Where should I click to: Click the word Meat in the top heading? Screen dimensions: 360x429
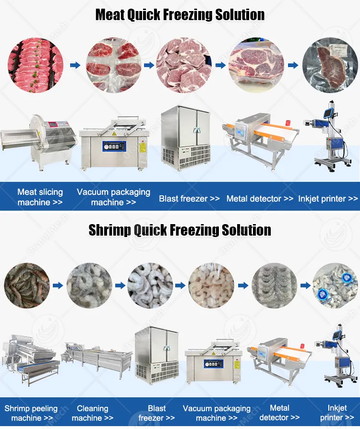pos(110,15)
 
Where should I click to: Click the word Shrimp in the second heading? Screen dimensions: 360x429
pos(109,230)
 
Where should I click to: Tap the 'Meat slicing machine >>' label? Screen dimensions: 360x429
pos(40,197)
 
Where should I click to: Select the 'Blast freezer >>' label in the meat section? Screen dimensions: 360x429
pos(189,199)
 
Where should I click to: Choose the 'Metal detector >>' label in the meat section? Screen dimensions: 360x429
pos(260,199)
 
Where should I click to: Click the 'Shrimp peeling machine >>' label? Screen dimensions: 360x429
pos(31,413)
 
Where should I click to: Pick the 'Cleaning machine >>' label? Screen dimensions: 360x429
pos(93,413)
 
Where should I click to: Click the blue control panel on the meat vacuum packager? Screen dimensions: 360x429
pos(114,146)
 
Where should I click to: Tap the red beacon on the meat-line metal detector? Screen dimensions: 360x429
pos(288,123)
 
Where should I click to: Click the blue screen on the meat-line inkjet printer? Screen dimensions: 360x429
pos(328,113)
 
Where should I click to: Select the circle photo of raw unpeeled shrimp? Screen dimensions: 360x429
pos(27,286)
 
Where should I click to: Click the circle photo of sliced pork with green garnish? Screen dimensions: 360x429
pos(36,65)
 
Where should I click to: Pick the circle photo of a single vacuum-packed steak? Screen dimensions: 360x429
pos(330,65)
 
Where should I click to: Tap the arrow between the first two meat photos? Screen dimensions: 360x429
pos(75,65)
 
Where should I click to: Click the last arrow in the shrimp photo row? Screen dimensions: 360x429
pos(305,286)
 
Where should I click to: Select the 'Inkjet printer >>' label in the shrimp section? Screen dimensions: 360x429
pos(337,413)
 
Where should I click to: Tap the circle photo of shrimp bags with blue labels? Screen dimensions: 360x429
pos(336,286)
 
